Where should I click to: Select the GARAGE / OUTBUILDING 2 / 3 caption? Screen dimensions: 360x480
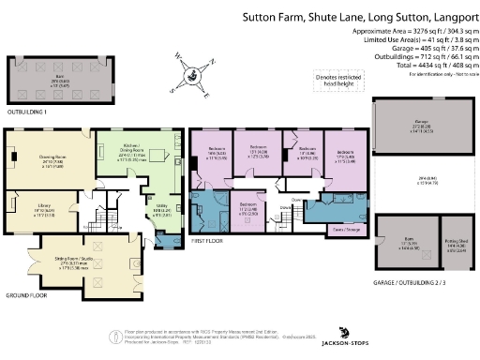coord(412,281)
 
